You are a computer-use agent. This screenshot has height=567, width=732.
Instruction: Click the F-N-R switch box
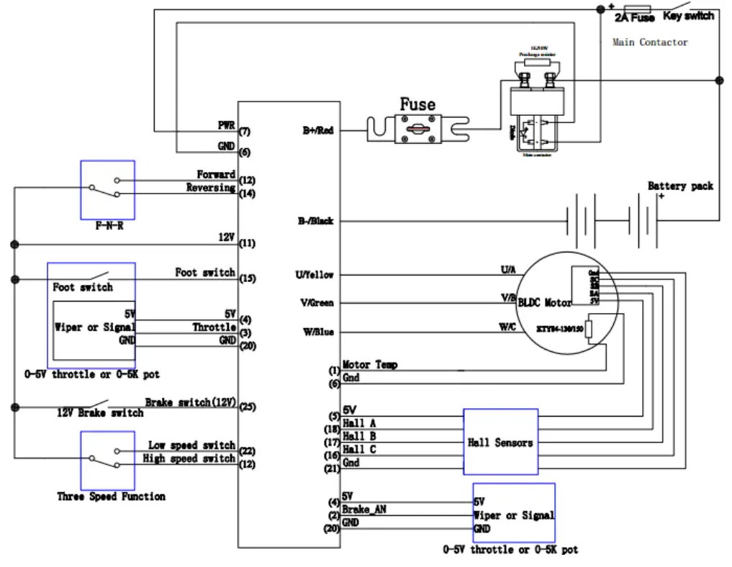click(107, 189)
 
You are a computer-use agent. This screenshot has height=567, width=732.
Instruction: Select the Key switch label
click(688, 16)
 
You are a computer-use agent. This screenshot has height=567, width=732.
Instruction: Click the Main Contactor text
click(649, 42)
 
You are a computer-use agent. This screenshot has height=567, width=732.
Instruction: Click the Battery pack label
click(680, 186)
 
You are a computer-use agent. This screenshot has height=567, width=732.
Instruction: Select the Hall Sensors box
click(500, 442)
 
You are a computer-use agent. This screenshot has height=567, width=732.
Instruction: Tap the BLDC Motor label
click(545, 303)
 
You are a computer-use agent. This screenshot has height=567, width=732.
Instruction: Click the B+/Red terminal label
click(317, 131)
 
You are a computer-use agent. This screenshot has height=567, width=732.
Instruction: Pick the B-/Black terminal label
click(316, 221)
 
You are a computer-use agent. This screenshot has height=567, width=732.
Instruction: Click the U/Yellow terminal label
click(315, 275)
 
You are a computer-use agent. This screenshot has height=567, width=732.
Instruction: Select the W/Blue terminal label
click(317, 332)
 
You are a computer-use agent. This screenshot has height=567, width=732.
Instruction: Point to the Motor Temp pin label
click(370, 365)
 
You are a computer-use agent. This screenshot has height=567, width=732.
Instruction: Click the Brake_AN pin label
click(363, 509)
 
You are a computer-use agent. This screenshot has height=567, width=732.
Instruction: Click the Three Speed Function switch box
click(107, 461)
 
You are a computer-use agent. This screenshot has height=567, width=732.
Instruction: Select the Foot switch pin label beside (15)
click(205, 273)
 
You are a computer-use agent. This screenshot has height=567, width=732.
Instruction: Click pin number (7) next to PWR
click(245, 132)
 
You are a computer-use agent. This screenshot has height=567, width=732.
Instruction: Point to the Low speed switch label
click(191, 445)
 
